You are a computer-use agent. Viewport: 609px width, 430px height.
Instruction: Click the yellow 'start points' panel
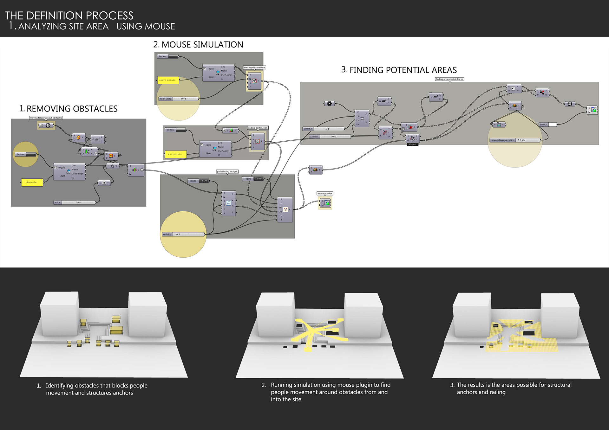[x=168, y=80]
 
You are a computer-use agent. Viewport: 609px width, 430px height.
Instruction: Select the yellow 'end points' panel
[x=175, y=154]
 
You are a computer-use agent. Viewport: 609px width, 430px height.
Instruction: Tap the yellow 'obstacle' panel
[x=32, y=183]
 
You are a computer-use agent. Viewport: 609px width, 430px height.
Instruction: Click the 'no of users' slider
[x=179, y=99]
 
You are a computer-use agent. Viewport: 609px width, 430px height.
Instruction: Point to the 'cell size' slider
[x=183, y=234]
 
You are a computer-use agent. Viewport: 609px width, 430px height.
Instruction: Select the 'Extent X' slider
[x=323, y=129]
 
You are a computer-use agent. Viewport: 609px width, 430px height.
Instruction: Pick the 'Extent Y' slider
[x=330, y=137]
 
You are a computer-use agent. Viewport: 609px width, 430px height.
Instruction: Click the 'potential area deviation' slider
[x=514, y=140]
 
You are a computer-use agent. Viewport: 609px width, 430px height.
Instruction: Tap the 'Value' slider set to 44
[x=75, y=202]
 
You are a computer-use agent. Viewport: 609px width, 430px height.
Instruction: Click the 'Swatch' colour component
[x=548, y=125]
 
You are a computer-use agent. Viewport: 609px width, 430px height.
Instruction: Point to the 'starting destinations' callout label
[x=254, y=67]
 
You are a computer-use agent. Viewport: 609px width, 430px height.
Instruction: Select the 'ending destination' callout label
[x=258, y=128]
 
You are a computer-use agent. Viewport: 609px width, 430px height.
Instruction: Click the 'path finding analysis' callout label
[x=227, y=172]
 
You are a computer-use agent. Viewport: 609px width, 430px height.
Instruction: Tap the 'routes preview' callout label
[x=325, y=193]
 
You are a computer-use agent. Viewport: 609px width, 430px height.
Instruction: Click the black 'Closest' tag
[x=412, y=144]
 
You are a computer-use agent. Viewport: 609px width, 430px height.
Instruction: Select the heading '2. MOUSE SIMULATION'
[x=198, y=45]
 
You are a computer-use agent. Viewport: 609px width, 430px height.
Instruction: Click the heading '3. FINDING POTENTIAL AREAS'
[x=399, y=70]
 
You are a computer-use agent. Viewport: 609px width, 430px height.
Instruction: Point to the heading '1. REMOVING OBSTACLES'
[x=69, y=109]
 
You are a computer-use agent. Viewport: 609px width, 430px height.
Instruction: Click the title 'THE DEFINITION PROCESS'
[x=69, y=16]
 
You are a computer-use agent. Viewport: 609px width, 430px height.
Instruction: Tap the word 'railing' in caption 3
[x=497, y=392]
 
